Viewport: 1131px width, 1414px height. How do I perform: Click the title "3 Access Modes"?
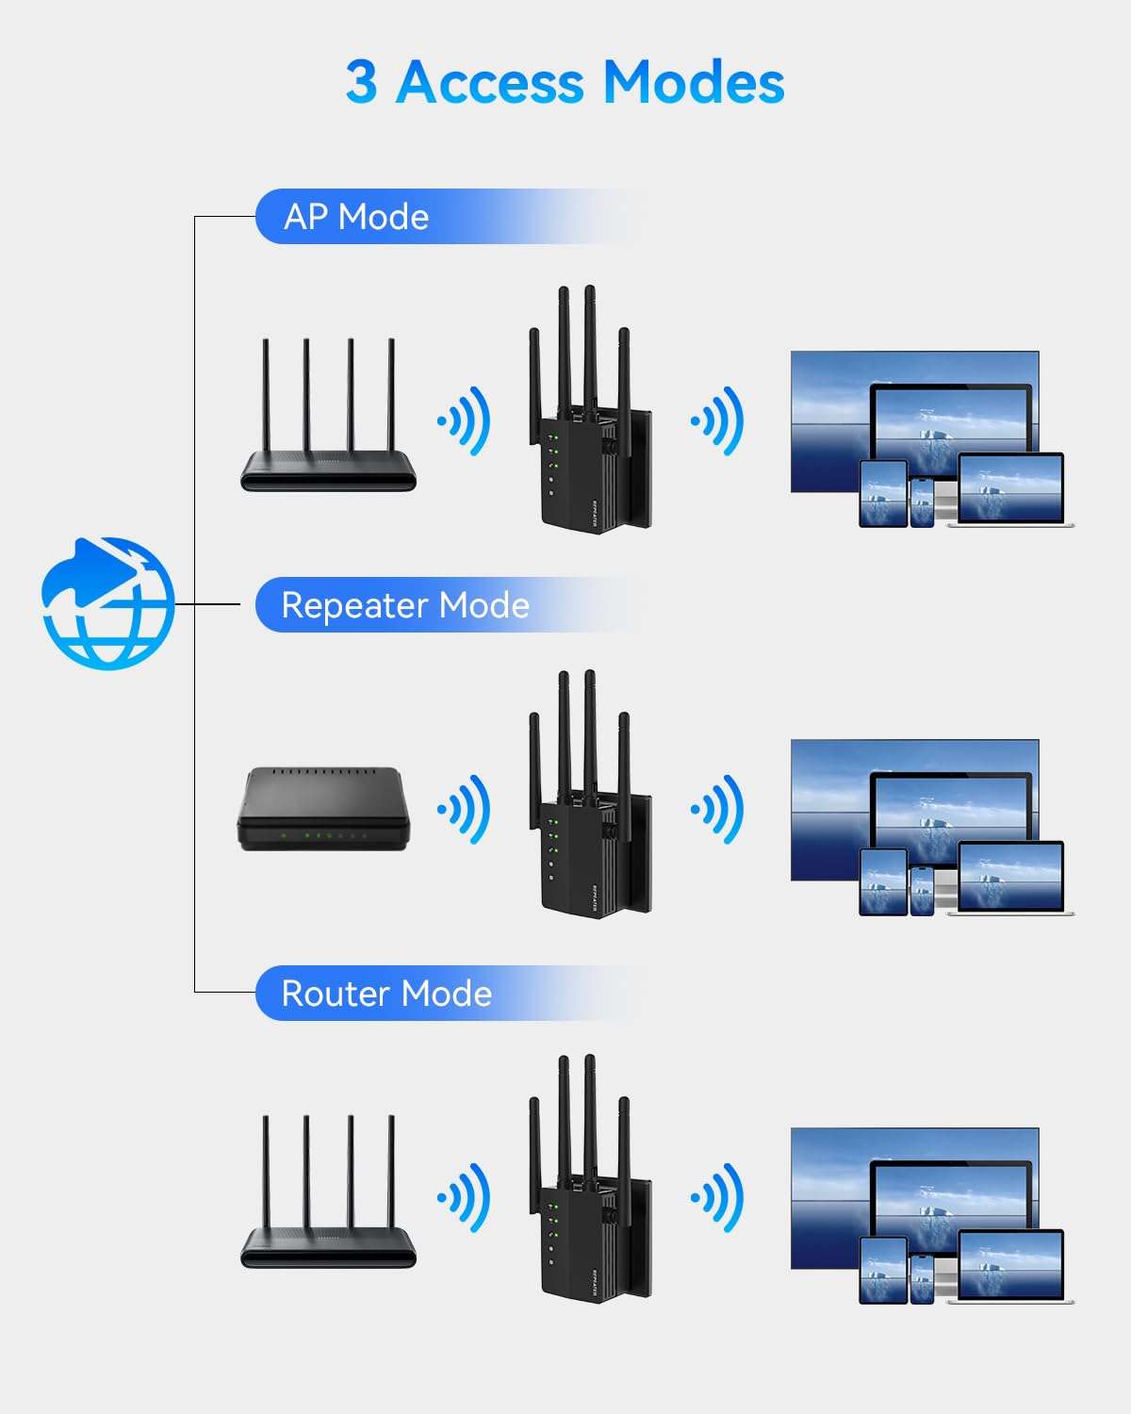click(x=565, y=82)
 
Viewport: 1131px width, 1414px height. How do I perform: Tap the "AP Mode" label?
click(x=356, y=217)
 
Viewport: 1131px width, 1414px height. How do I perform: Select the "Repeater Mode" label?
click(x=405, y=605)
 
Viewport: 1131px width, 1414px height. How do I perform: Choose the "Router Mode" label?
click(x=386, y=994)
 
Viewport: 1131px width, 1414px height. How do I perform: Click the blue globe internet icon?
click(x=107, y=603)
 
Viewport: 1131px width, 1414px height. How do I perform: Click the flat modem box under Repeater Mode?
click(x=323, y=809)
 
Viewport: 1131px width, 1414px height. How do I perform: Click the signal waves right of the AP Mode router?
click(x=465, y=420)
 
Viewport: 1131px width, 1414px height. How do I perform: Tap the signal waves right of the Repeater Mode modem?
click(x=465, y=809)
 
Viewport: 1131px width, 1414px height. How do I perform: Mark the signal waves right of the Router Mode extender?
click(x=718, y=1197)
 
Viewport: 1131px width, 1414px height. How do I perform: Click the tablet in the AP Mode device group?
click(x=883, y=493)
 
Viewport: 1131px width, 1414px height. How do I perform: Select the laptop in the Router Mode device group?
click(x=1010, y=1267)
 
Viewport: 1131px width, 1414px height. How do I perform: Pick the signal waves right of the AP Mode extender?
click(x=718, y=420)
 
